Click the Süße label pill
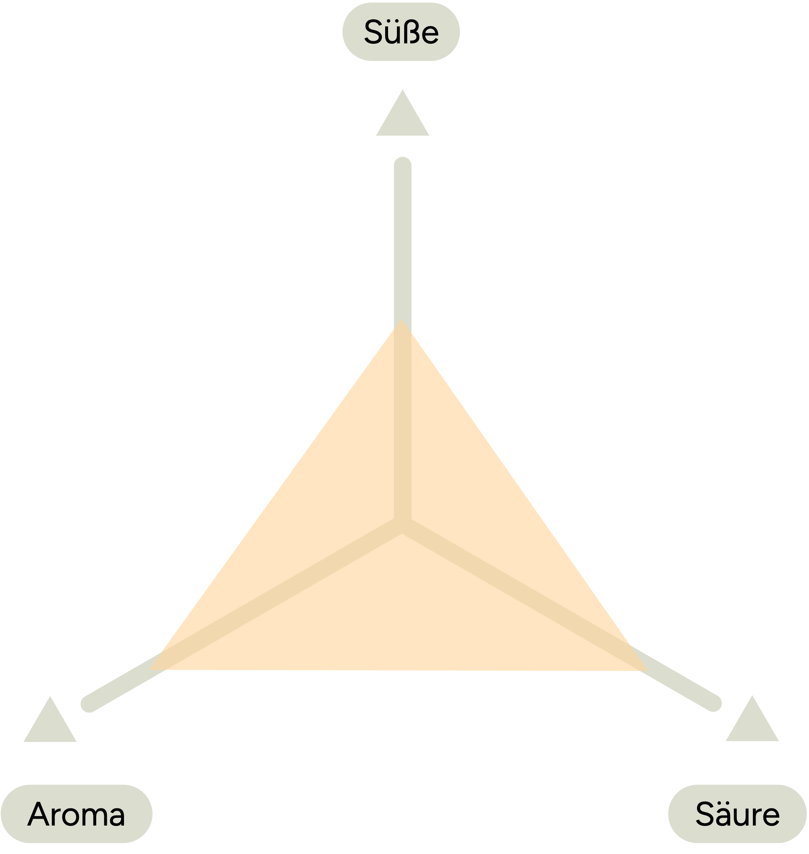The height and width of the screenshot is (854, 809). click(x=401, y=32)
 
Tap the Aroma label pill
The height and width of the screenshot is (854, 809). click(x=76, y=814)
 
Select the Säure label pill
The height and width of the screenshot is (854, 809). click(x=738, y=814)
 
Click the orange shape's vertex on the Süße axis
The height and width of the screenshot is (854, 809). click(x=402, y=319)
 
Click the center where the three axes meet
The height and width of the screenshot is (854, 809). click(x=402, y=525)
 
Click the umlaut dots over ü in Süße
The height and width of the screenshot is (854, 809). click(x=392, y=21)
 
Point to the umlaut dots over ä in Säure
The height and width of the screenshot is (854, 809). click(x=725, y=803)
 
